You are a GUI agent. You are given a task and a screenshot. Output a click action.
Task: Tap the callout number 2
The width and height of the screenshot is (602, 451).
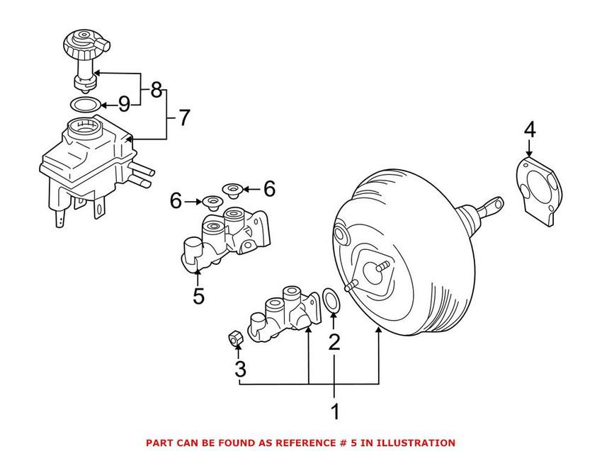pyautogui.click(x=334, y=343)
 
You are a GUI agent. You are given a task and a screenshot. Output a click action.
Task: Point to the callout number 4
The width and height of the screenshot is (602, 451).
pyautogui.click(x=530, y=130)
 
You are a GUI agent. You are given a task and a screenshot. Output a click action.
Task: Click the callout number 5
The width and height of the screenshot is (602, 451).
pyautogui.click(x=198, y=295)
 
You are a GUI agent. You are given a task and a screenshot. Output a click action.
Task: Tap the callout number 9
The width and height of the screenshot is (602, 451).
pyautogui.click(x=124, y=105)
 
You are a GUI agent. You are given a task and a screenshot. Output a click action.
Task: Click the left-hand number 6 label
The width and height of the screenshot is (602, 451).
pyautogui.click(x=176, y=201)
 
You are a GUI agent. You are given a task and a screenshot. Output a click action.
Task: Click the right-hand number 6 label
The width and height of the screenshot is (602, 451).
pyautogui.click(x=268, y=188)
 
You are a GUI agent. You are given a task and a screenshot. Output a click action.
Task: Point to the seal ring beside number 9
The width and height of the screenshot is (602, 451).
pyautogui.click(x=85, y=105)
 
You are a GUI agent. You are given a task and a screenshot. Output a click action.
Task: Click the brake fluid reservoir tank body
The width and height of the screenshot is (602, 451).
pyautogui.click(x=85, y=159)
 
